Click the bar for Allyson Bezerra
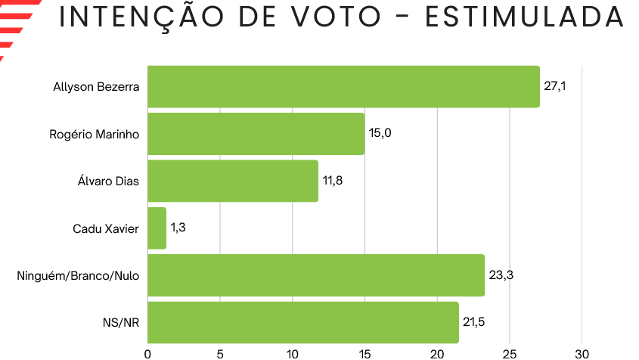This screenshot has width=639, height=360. [343, 86]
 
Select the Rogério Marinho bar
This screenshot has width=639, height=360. [256, 134]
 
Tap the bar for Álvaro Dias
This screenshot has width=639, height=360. [233, 181]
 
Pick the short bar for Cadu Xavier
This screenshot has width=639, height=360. [157, 228]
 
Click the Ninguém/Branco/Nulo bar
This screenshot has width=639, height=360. [316, 275]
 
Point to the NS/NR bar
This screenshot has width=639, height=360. [303, 322]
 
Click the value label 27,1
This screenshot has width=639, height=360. [554, 85]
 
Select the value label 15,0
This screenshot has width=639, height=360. [380, 133]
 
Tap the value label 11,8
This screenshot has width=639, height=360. [333, 180]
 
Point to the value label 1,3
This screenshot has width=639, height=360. [179, 228]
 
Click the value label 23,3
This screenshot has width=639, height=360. [501, 275]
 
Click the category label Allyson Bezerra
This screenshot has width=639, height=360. [96, 86]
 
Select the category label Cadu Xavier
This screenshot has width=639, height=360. [106, 228]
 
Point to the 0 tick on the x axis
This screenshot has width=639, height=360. [147, 353]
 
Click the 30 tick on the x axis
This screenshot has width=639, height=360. [582, 353]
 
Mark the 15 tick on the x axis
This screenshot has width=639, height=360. [364, 353]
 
